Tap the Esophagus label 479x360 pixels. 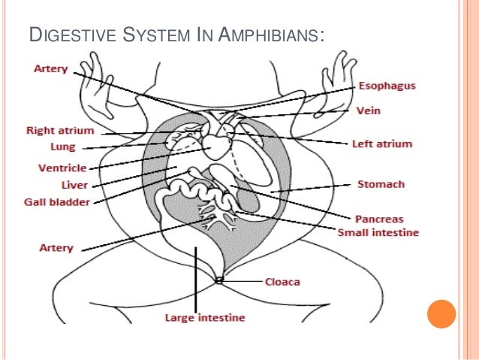tap(387, 86)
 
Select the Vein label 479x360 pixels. tap(369, 110)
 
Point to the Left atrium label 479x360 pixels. tap(381, 144)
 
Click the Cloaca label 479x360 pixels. tap(283, 283)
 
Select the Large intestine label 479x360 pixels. tap(204, 318)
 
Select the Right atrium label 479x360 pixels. tap(57, 129)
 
